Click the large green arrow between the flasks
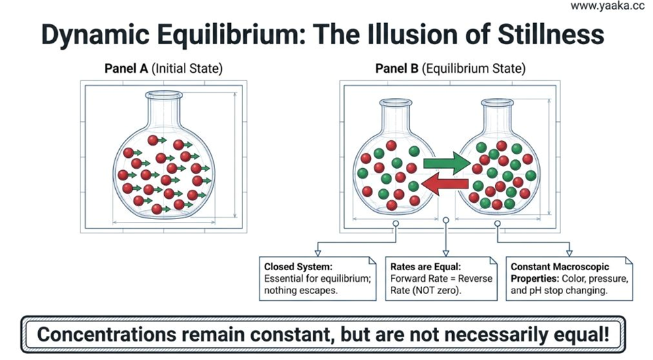tap(446, 163)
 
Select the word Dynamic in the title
tap(95, 35)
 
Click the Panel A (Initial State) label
tap(163, 68)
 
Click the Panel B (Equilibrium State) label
tap(450, 68)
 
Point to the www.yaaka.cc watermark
tap(607, 6)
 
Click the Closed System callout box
tap(317, 278)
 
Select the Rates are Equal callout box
tap(441, 278)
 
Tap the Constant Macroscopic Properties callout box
tap(569, 278)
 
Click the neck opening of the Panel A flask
tap(163, 95)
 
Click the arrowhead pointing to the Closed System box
tap(318, 253)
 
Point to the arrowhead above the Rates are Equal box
tap(445, 253)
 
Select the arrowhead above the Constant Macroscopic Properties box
tap(569, 253)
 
